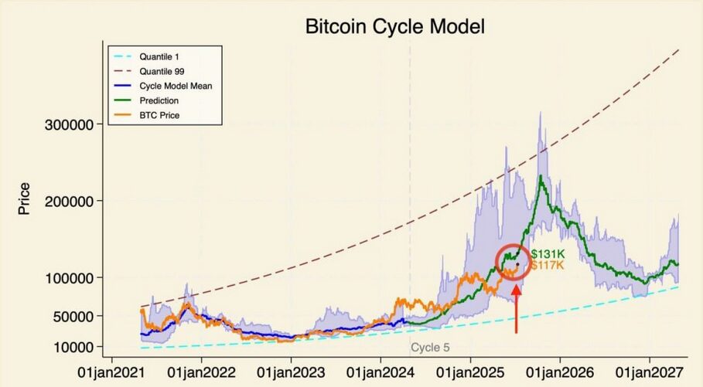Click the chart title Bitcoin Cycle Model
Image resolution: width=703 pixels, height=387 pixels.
[x=394, y=28]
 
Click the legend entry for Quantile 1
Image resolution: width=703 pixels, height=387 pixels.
[x=159, y=56]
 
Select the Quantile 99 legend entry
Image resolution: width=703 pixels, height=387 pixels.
[x=162, y=71]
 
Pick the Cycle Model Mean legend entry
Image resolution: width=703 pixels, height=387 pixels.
[x=176, y=86]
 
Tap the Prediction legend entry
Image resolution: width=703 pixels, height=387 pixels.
[x=159, y=100]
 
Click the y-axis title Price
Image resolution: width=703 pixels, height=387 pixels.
[x=24, y=199]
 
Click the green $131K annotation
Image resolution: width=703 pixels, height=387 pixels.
[x=547, y=254]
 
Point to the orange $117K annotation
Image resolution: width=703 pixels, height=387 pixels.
[x=547, y=266]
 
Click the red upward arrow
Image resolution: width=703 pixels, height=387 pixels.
[x=517, y=309]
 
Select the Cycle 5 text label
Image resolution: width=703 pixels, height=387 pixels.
[x=429, y=348]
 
